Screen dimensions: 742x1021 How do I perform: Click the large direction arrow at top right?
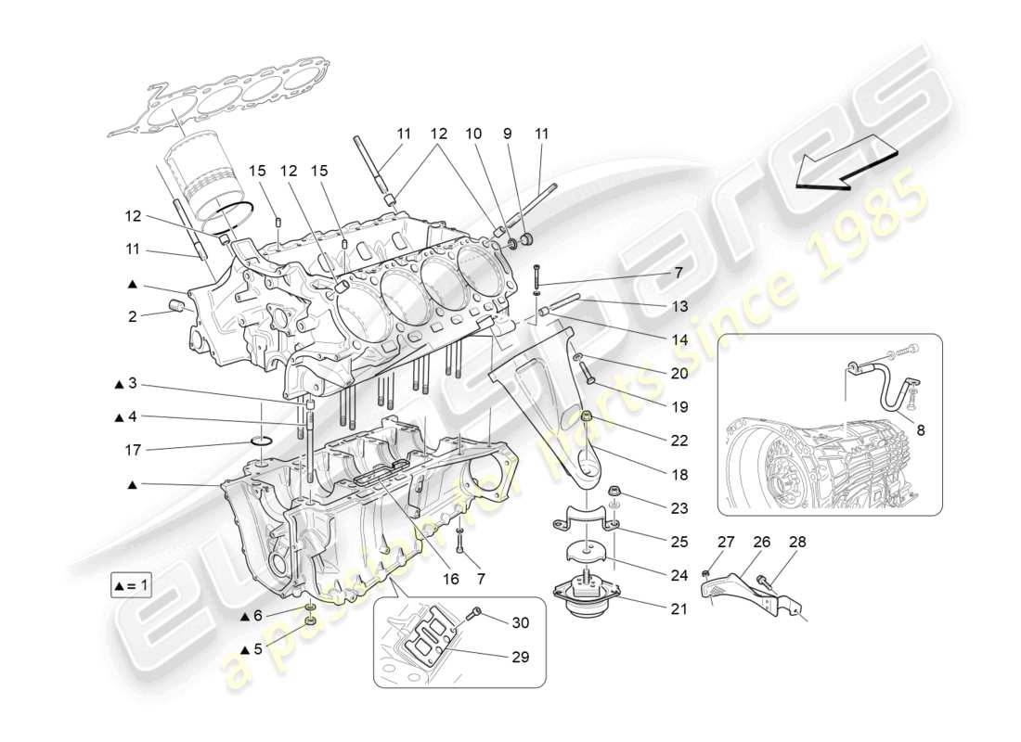tap(846, 162)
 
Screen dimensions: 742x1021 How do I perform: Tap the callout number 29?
tap(519, 658)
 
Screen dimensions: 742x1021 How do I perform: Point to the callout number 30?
tap(520, 621)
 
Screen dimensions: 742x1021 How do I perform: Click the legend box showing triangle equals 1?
tap(131, 587)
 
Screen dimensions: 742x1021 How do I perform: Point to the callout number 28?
tap(796, 543)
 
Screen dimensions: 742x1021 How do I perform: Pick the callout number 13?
tap(679, 306)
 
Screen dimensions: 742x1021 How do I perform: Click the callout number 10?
tap(473, 134)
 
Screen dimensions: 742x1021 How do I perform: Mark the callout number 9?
tap(507, 134)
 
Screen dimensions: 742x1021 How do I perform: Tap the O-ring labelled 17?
tap(261, 439)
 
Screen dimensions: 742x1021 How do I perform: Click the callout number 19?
tap(679, 406)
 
